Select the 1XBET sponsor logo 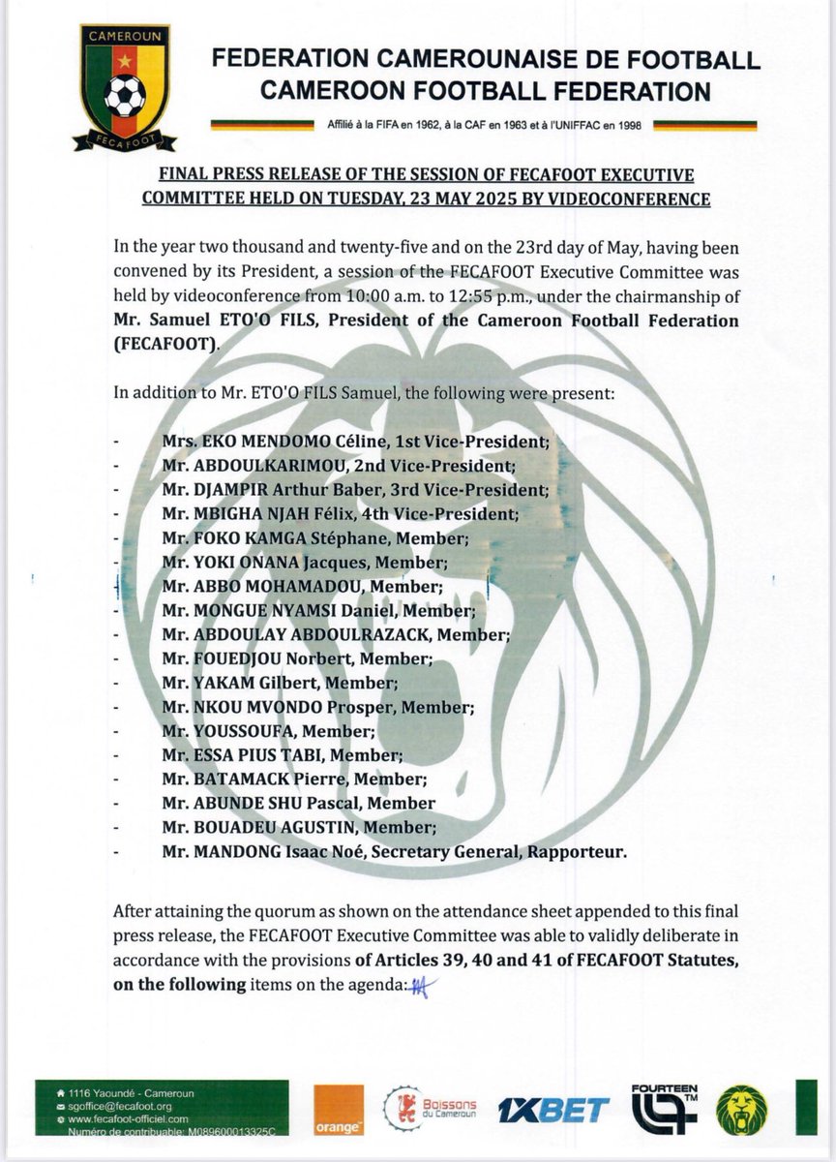pyautogui.click(x=554, y=1110)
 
